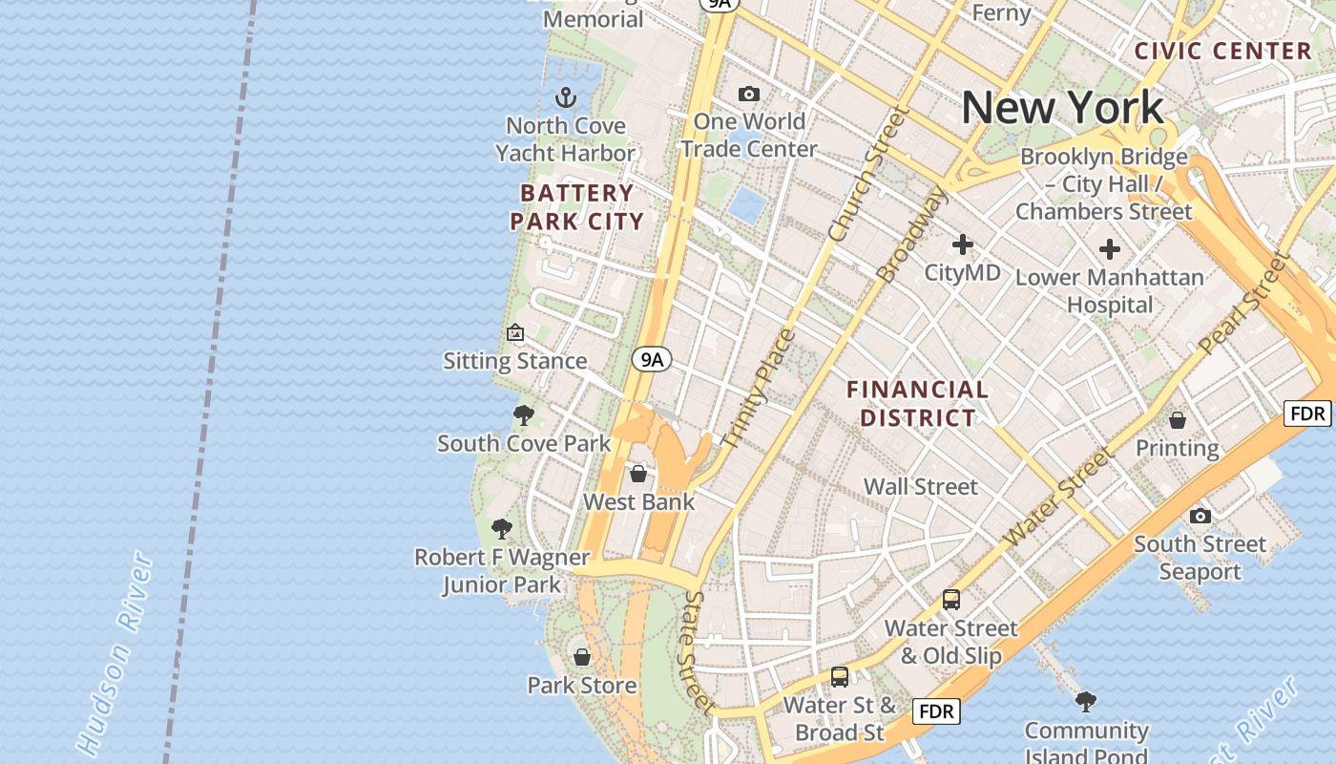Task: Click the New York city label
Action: click(1062, 107)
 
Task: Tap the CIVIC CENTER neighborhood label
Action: click(1223, 52)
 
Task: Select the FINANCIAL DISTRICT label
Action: click(918, 403)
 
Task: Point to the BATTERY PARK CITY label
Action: click(576, 207)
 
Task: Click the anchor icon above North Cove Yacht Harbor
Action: click(566, 97)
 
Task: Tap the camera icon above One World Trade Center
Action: click(749, 94)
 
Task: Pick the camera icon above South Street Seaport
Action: click(1200, 517)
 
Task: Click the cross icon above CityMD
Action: click(962, 244)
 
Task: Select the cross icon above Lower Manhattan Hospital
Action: click(1109, 250)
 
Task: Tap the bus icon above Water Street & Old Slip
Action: click(950, 600)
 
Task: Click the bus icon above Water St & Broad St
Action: click(839, 677)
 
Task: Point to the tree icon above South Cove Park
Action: click(523, 415)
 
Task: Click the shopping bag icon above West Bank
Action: click(638, 474)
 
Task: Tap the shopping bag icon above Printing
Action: click(1178, 420)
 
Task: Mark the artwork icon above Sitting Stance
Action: click(515, 333)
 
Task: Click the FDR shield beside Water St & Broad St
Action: click(935, 711)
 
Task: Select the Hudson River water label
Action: click(115, 654)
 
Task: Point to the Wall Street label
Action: click(920, 487)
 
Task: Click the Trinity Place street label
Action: click(760, 390)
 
